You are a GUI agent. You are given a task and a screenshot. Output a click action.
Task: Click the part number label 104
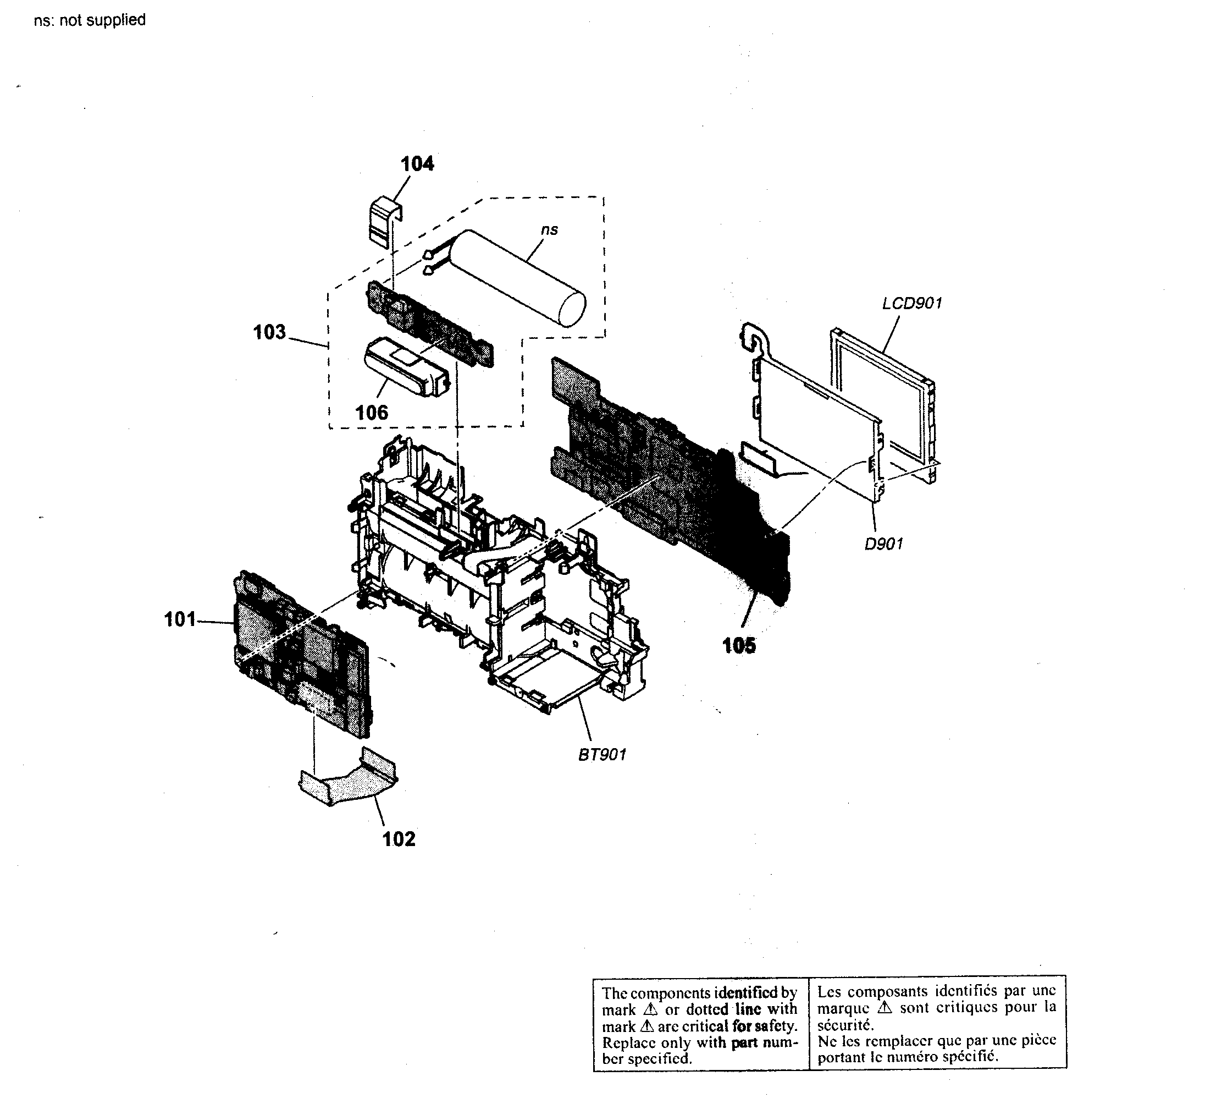[417, 164]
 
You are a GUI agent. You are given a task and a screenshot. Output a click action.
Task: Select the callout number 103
[269, 332]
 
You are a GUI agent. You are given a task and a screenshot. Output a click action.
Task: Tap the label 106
[371, 413]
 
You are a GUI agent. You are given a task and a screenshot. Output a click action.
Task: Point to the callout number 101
[180, 619]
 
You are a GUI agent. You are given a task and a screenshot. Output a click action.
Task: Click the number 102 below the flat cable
[399, 839]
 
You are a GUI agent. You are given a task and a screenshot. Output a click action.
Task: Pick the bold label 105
[739, 645]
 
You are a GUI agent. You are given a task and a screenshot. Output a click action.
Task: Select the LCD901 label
[911, 304]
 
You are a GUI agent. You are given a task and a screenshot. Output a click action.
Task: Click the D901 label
[883, 544]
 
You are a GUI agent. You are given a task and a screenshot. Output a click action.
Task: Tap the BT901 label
[602, 755]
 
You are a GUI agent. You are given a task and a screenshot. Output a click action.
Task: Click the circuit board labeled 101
[299, 652]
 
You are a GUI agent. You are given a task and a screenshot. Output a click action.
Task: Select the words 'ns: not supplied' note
[90, 20]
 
